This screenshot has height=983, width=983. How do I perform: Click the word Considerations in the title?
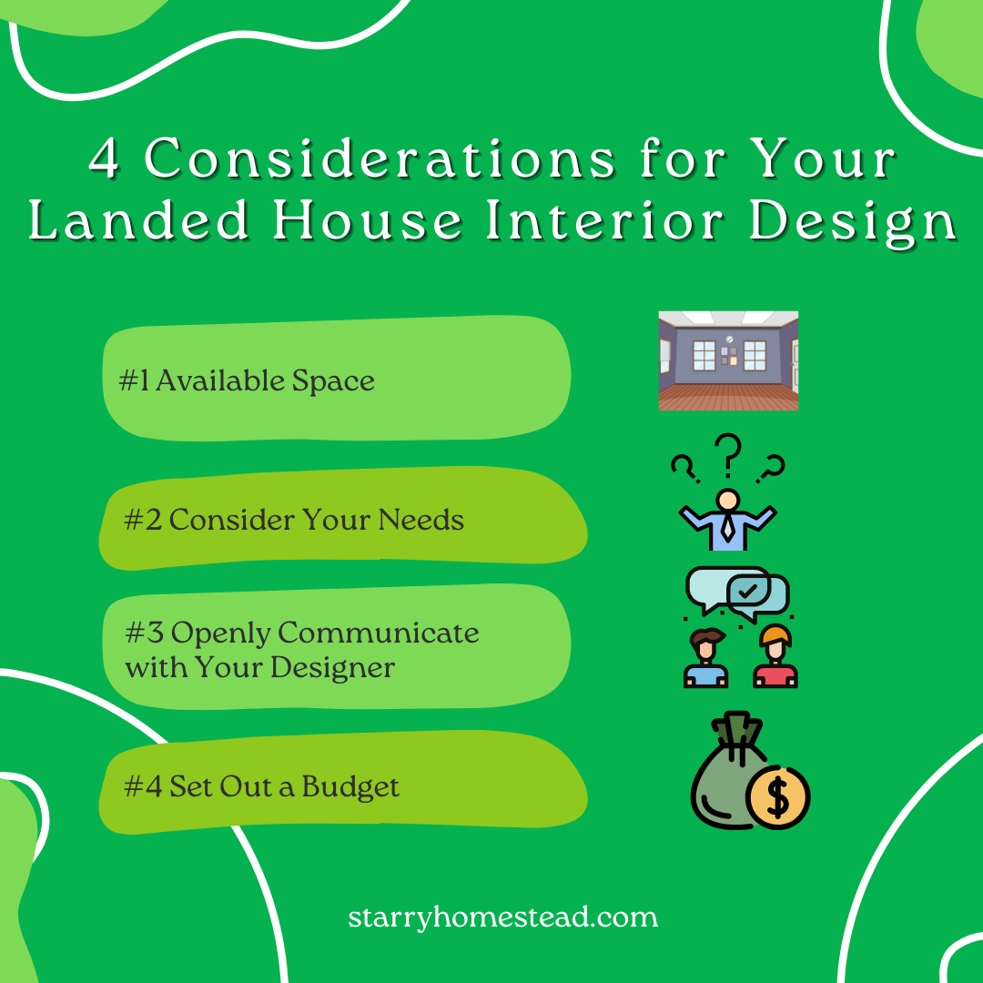point(381,160)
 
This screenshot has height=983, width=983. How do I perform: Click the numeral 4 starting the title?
point(106,161)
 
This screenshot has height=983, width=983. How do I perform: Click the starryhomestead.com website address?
point(502,916)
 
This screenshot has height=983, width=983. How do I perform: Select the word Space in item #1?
point(333,380)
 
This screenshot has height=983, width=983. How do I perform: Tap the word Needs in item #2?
point(421,520)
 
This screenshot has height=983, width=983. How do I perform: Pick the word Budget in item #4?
point(350,786)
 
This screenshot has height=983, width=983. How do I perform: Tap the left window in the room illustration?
point(704,355)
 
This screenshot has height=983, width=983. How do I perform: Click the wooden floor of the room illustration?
point(728,397)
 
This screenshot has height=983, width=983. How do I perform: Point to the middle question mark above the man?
point(728,455)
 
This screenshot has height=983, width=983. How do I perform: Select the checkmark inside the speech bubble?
point(748,593)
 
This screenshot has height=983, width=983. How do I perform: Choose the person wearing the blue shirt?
point(705,660)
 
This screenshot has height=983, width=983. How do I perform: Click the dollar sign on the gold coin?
point(777,798)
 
